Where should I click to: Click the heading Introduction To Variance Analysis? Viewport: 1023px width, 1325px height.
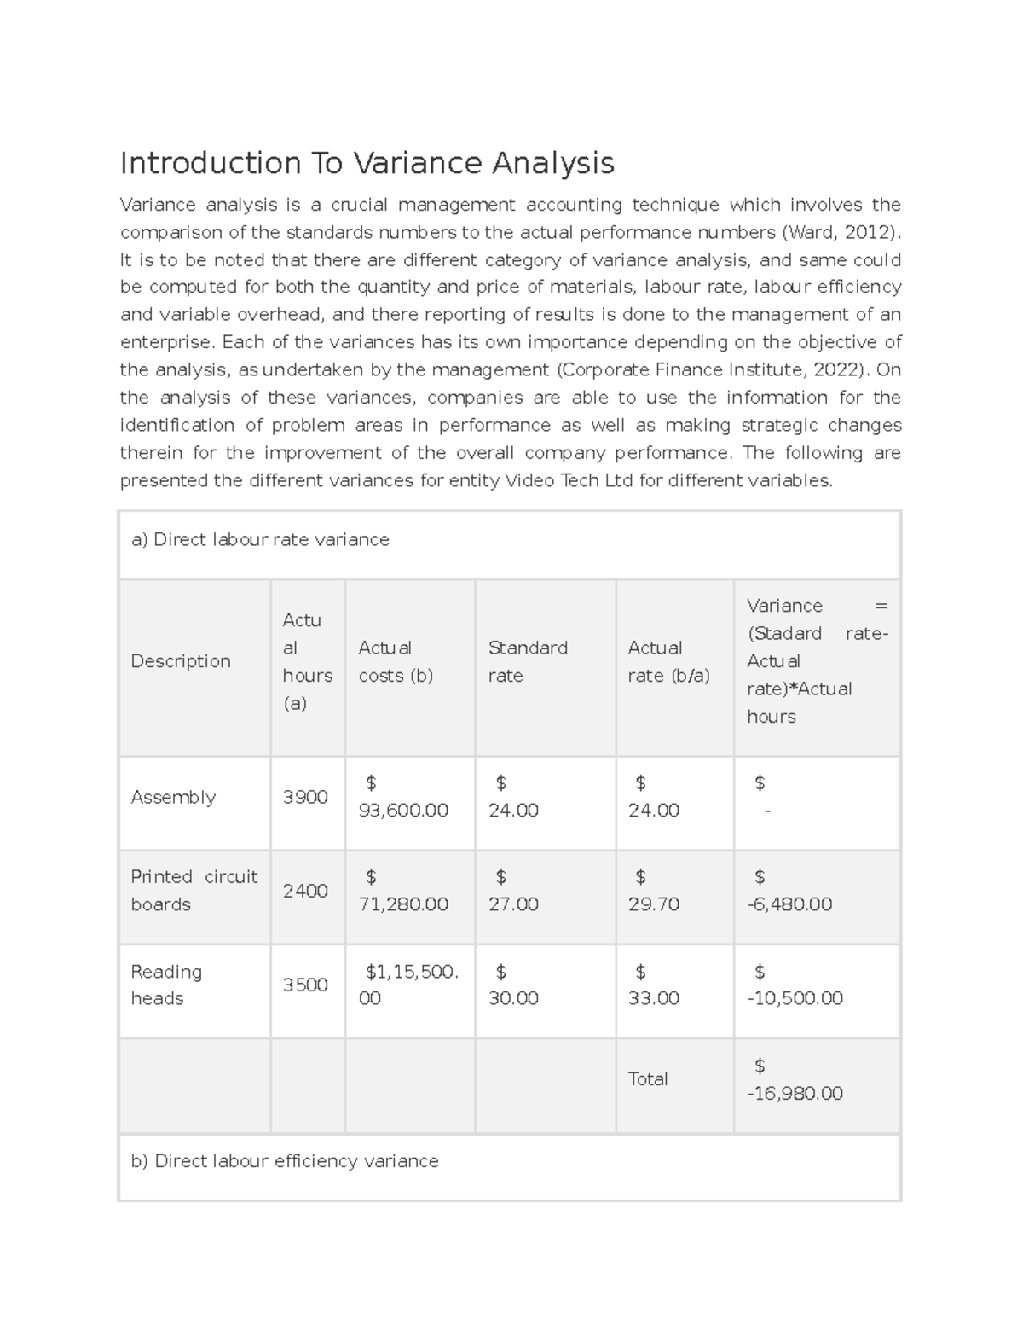(367, 162)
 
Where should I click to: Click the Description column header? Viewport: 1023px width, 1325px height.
(181, 661)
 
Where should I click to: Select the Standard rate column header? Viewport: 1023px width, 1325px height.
(528, 661)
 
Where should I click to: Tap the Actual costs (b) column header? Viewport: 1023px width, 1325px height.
(396, 661)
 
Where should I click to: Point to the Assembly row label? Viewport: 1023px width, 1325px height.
(173, 797)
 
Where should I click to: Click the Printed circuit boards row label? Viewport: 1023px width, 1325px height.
(194, 890)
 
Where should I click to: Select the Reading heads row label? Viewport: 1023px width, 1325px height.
(166, 985)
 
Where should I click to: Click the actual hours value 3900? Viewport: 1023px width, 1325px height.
(305, 797)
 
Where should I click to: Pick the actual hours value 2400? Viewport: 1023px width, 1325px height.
(305, 891)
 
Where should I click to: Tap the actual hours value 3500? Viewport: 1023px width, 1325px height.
(305, 985)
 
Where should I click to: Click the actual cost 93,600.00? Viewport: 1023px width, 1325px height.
(403, 811)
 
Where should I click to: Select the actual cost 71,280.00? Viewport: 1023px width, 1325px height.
(403, 904)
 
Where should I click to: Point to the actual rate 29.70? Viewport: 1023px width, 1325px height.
(654, 904)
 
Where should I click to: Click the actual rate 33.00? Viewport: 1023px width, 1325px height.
(654, 998)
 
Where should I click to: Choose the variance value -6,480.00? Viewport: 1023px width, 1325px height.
(789, 904)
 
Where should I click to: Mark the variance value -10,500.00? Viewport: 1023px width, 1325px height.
(795, 998)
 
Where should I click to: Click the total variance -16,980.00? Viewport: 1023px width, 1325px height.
(795, 1094)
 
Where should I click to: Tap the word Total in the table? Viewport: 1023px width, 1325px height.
(648, 1079)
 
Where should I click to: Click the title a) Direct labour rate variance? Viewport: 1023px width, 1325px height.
(260, 539)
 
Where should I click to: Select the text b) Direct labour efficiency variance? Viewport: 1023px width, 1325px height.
(285, 1161)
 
